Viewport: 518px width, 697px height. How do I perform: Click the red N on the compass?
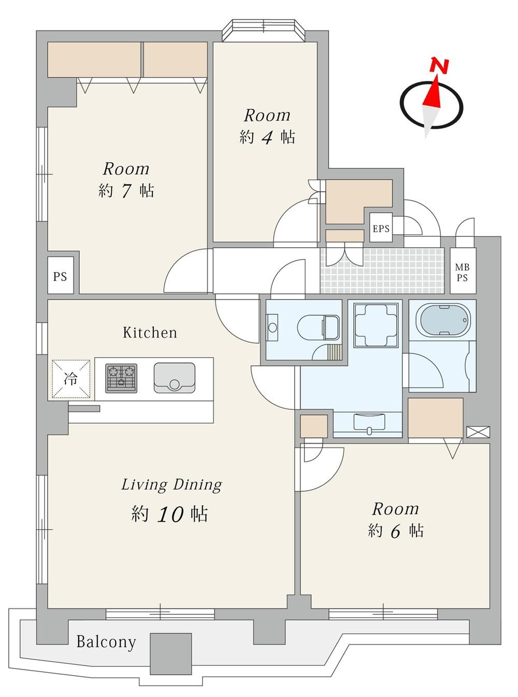tap(439, 66)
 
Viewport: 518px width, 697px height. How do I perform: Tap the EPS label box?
tap(381, 228)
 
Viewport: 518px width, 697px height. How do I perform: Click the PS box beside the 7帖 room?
tap(60, 276)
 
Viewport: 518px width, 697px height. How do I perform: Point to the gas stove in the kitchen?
tap(121, 378)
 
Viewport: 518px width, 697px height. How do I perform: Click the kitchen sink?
tap(175, 378)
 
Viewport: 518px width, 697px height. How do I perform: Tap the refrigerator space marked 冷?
tap(71, 379)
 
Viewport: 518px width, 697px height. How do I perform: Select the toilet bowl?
tap(318, 328)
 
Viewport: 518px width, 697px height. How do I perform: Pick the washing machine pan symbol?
tap(378, 325)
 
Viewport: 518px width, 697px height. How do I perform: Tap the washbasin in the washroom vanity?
tap(369, 422)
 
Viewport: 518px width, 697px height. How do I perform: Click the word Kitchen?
tap(150, 333)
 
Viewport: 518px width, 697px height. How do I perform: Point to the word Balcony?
tap(106, 642)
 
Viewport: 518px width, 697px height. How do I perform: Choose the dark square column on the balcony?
tap(170, 649)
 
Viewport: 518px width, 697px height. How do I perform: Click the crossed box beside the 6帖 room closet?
tap(478, 432)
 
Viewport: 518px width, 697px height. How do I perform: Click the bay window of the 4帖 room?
tap(264, 31)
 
